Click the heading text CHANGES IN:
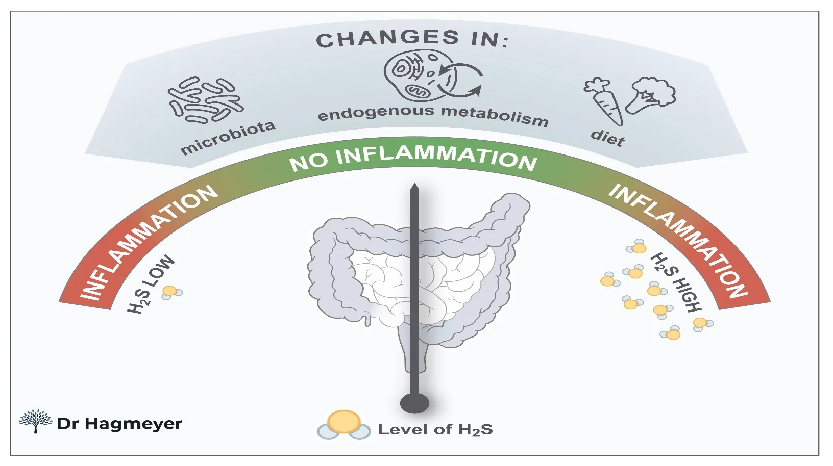tap(412, 39)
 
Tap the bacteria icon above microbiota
tap(206, 100)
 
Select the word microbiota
tap(228, 137)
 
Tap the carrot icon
tap(605, 100)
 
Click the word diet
tap(607, 137)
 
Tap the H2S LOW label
tap(151, 284)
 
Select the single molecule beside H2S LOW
tap(170, 292)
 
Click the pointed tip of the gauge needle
tap(414, 186)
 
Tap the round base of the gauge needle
tap(414, 403)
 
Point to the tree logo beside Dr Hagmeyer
tap(35, 421)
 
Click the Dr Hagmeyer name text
tap(119, 424)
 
